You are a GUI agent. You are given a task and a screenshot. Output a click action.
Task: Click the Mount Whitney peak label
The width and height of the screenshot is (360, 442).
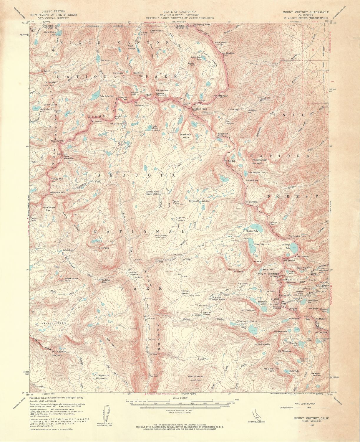(x=268, y=274)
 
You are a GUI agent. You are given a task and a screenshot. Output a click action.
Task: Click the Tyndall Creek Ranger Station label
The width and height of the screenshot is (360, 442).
(x=153, y=193)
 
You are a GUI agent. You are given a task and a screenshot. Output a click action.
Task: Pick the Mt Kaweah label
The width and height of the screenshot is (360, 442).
(x=59, y=352)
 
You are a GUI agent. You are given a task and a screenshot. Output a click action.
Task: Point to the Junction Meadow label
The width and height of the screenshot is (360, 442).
(x=134, y=273)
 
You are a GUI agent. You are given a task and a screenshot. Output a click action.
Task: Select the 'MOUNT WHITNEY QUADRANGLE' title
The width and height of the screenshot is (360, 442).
(x=306, y=12)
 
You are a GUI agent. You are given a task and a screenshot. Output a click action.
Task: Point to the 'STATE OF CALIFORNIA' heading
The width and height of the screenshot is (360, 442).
(x=180, y=12)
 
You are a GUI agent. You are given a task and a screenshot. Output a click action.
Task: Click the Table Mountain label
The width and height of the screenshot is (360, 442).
(x=67, y=157)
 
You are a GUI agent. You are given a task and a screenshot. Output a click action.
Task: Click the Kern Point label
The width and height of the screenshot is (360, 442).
(x=103, y=248)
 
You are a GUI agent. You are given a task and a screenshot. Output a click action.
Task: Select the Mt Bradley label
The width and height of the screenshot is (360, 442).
(x=228, y=53)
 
